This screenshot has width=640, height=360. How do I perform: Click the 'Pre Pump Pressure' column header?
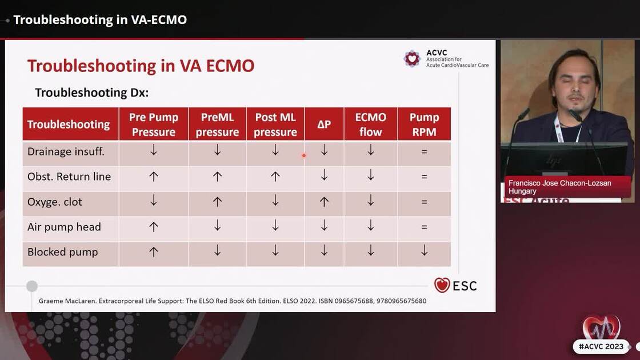(x=153, y=124)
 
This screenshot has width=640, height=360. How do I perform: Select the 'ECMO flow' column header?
(x=370, y=124)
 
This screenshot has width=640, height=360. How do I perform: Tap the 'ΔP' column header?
(x=324, y=124)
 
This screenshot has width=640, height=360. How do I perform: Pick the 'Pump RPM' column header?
(x=424, y=124)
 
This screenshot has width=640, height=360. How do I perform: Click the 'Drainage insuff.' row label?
(x=66, y=151)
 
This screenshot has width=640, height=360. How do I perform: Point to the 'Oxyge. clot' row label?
(x=55, y=202)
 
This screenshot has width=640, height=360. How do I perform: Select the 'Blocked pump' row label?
(x=63, y=252)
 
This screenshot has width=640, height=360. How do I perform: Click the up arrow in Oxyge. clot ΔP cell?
(x=324, y=202)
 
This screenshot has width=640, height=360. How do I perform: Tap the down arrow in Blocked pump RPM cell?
(x=424, y=251)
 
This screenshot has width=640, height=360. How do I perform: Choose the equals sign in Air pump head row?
(x=424, y=227)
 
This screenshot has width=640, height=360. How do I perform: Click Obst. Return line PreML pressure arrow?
(x=217, y=177)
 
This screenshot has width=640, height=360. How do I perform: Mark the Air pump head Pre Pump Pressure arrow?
(x=153, y=227)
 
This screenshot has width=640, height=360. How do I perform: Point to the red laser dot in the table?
(x=304, y=155)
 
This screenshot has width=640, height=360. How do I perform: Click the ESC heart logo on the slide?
(x=442, y=285)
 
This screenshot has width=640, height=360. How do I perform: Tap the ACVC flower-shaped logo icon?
(x=412, y=58)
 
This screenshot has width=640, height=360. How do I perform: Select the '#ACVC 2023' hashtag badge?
(x=601, y=347)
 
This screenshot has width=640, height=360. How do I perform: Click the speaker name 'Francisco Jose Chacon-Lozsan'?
(x=559, y=183)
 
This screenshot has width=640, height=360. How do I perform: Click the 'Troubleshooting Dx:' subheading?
(x=91, y=93)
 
